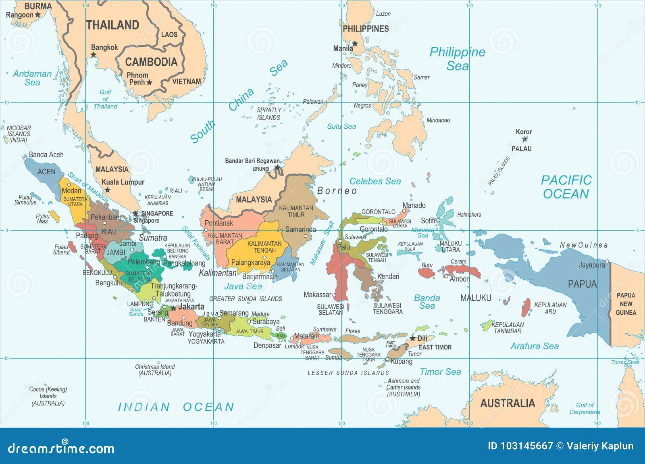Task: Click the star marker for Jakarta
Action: (173, 308)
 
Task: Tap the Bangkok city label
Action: (104, 47)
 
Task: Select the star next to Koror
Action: (524, 139)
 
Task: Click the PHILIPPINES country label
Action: (366, 29)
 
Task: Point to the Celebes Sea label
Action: (375, 182)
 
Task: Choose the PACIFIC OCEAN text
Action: (566, 187)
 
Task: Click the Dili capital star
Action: (412, 338)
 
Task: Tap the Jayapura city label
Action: (592, 265)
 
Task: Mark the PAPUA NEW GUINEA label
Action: (626, 304)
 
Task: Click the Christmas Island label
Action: (155, 370)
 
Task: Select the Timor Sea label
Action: (440, 372)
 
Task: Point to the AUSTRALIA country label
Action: (508, 403)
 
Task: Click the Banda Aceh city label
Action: (46, 155)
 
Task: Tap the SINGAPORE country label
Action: (157, 213)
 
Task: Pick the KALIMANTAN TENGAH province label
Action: (264, 247)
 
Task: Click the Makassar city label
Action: (317, 295)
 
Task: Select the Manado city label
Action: (414, 205)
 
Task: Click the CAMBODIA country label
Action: (151, 62)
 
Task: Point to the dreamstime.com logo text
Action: (61, 448)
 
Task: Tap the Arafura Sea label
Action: (535, 346)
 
